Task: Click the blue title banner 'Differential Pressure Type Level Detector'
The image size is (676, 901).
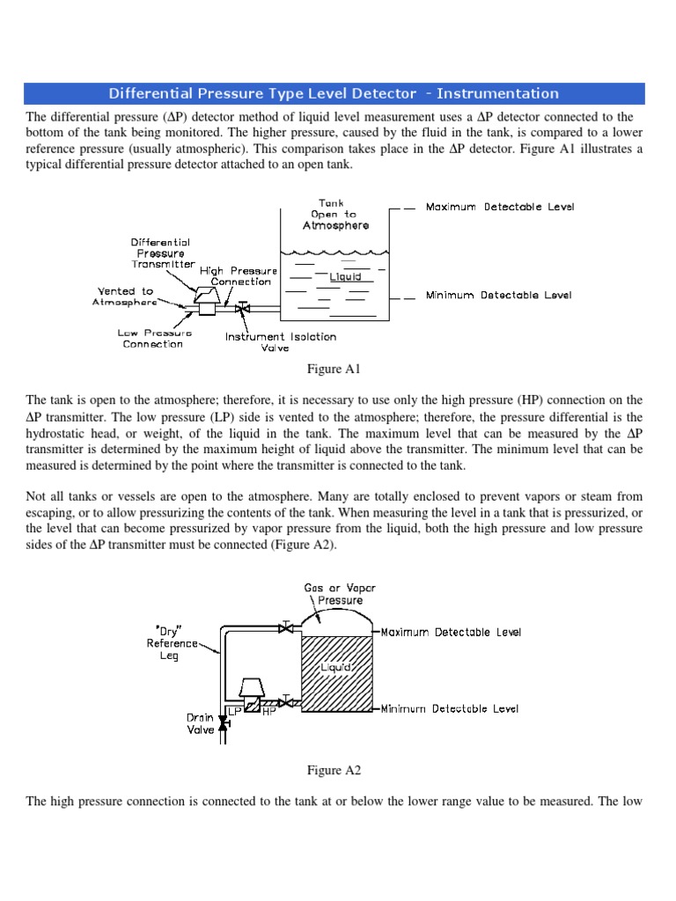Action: (334, 93)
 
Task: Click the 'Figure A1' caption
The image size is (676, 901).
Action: (334, 368)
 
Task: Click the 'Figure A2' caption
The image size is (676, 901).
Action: (334, 770)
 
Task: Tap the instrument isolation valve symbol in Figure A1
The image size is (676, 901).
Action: (243, 309)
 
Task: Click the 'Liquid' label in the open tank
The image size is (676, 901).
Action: (345, 277)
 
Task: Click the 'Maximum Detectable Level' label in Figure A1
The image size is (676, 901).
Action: (499, 208)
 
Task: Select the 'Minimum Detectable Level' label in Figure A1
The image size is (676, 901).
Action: (498, 296)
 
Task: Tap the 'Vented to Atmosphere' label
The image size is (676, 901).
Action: (124, 297)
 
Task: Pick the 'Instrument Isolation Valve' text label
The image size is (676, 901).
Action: (280, 341)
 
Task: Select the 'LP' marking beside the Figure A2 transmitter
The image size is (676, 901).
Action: (234, 710)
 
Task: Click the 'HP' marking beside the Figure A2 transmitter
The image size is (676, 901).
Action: (269, 710)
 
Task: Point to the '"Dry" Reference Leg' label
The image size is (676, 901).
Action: (173, 643)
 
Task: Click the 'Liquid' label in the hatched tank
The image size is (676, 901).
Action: (341, 668)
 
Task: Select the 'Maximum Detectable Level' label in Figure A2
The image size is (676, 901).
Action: (451, 633)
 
